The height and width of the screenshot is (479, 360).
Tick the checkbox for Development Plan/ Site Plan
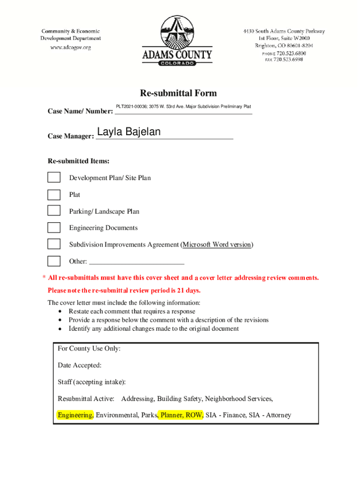54,177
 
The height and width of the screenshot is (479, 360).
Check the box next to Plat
54,195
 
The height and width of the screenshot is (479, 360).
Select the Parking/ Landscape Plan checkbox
54,211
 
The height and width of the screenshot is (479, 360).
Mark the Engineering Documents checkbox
54,228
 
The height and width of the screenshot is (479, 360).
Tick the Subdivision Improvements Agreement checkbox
54,244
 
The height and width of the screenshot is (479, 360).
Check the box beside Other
54,261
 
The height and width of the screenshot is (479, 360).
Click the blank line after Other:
136,262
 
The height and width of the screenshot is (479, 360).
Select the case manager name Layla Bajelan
129,132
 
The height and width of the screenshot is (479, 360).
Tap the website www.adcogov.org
70,47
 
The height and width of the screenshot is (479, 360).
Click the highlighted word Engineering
75,415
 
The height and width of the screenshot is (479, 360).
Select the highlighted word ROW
194,415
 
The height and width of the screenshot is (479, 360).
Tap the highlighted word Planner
171,415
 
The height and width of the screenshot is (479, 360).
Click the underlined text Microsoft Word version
216,245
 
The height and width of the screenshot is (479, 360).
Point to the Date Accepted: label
79,365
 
